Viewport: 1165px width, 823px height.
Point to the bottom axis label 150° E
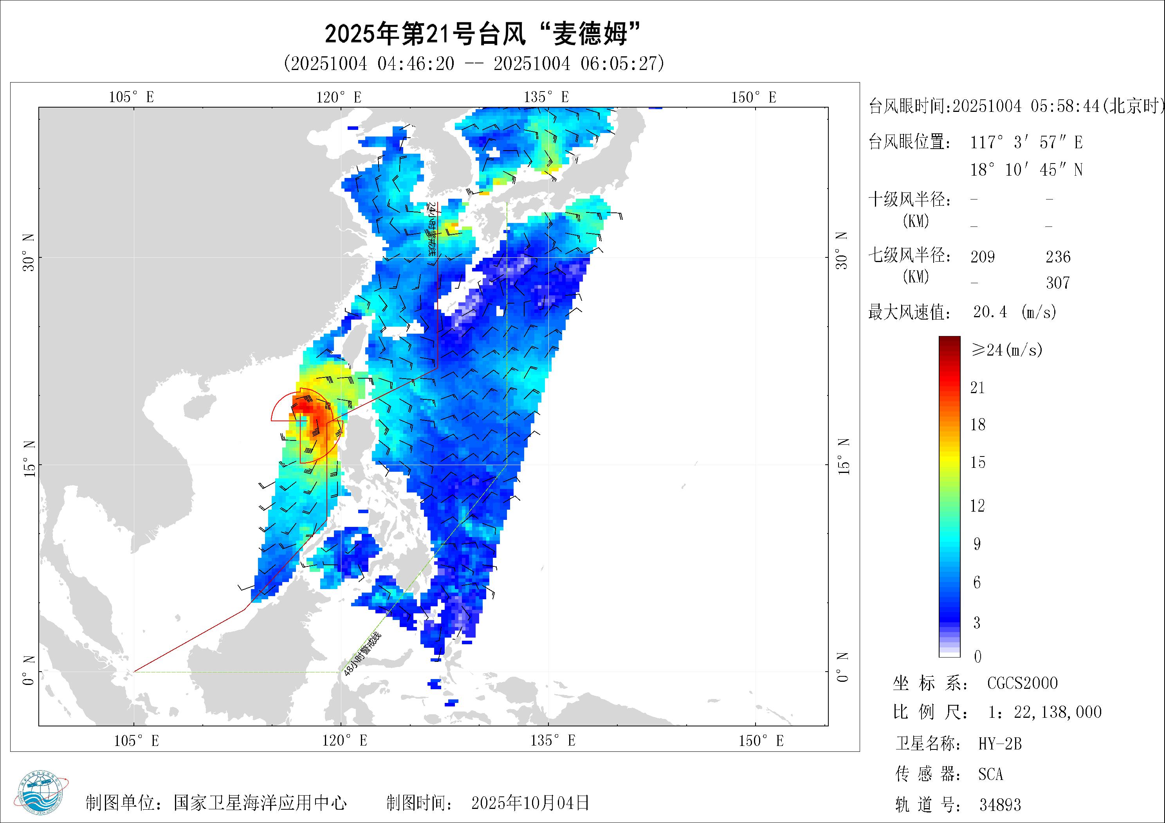[761, 741]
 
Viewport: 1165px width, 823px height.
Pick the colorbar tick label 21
[977, 388]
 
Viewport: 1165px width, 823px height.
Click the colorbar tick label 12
[977, 505]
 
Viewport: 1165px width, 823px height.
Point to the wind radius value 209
[982, 257]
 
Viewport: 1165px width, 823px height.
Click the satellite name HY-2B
[999, 744]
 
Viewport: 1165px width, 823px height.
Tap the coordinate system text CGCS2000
[1022, 683]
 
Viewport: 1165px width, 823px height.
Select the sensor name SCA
[990, 774]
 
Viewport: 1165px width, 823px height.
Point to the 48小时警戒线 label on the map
[362, 654]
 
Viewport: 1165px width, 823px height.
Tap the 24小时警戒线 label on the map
[431, 228]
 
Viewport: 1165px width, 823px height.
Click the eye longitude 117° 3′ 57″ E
[1026, 142]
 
